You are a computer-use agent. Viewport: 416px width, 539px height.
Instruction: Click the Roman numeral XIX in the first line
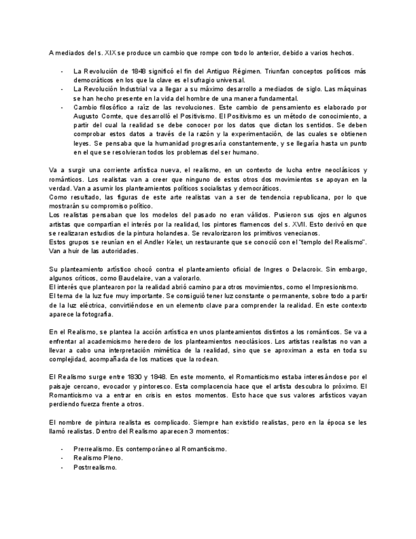[x=110, y=52]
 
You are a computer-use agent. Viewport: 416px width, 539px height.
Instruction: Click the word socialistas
[x=210, y=188]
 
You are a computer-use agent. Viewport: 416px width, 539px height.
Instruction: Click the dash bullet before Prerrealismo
[x=62, y=449]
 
